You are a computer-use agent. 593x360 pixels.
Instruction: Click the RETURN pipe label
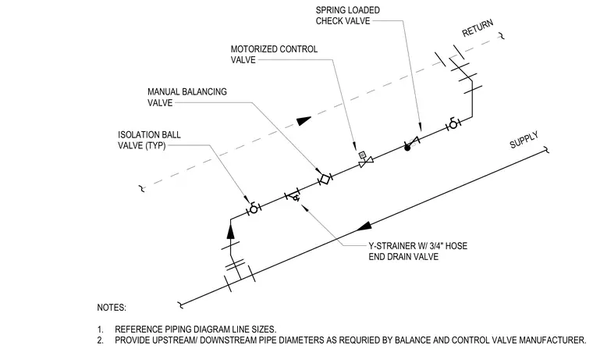coord(478,28)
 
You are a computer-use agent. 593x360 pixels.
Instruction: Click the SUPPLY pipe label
coord(524,141)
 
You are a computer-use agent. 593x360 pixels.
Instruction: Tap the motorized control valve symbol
coord(365,160)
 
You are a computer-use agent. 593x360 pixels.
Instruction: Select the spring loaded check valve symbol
coord(411,143)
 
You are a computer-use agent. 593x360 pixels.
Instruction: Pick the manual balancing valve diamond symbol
coord(325,178)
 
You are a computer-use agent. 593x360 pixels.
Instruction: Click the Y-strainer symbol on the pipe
coord(293,196)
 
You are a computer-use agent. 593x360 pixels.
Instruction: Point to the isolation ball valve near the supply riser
coord(254,209)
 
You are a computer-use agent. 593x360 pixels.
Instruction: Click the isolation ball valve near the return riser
coord(453,124)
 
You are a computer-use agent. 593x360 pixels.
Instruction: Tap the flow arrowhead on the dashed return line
coord(304,121)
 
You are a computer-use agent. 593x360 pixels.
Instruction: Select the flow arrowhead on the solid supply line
coord(364,226)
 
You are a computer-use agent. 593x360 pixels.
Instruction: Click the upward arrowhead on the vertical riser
coord(231,231)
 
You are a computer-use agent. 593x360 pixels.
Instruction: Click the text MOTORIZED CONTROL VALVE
coord(274,55)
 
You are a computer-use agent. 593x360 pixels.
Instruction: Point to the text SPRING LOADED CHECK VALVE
coord(348,16)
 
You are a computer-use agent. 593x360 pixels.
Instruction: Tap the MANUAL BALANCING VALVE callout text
coord(187,98)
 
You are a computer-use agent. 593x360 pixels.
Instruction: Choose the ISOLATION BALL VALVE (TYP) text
coord(149,140)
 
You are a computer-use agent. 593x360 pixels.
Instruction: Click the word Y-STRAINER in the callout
coord(392,246)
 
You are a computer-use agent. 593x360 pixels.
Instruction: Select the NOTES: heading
coord(112,308)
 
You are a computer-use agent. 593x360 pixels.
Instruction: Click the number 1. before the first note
coord(100,330)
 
